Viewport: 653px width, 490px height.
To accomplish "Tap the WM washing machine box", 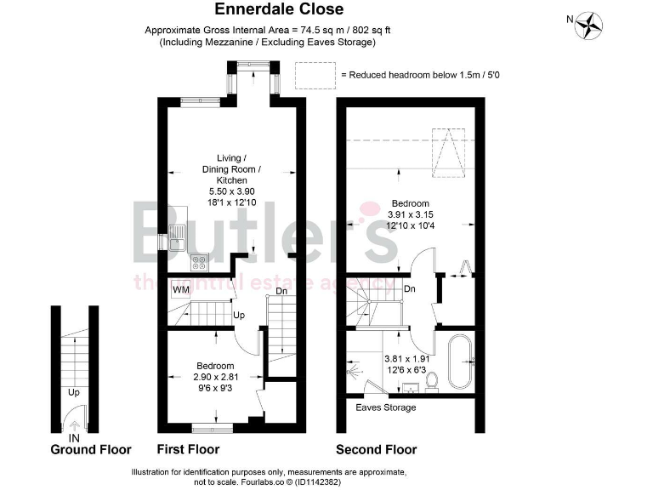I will [x=181, y=289].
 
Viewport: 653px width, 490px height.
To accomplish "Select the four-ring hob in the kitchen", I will [x=198, y=262].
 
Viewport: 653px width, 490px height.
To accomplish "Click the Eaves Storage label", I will [x=386, y=407].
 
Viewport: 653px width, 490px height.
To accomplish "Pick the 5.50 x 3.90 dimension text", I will [x=231, y=191].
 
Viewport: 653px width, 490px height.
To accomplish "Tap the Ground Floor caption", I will [x=91, y=449].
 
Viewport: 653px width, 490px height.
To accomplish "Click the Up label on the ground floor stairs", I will [x=74, y=393].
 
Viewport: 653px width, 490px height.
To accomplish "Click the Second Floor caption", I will [x=376, y=449].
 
